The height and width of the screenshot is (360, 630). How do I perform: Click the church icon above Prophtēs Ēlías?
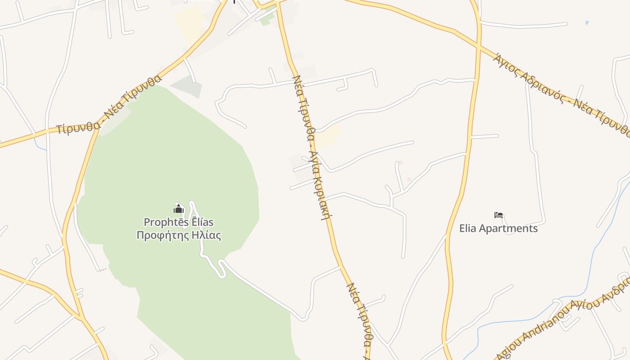click(x=179, y=209)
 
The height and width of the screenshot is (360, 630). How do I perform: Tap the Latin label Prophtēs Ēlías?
click(x=179, y=222)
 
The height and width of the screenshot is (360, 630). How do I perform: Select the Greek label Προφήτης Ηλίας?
click(x=179, y=235)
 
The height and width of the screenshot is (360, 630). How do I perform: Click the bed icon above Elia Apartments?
click(x=498, y=216)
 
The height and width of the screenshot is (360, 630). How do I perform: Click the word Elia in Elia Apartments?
click(x=468, y=229)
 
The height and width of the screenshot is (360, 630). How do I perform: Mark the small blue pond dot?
click(x=587, y=22)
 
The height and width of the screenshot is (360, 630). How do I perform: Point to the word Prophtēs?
click(x=160, y=222)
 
